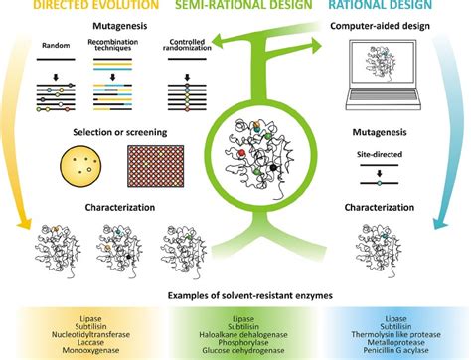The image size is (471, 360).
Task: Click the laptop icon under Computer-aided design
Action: pyautogui.click(x=384, y=75)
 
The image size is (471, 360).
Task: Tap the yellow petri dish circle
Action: pyautogui.click(x=80, y=166)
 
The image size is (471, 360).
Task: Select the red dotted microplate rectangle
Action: pyautogui.click(x=156, y=166)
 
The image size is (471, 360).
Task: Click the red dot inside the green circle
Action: pyautogui.click(x=241, y=153)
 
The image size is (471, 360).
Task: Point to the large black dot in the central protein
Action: pyautogui.click(x=273, y=168)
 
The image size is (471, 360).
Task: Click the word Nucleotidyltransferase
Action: pyautogui.click(x=90, y=334)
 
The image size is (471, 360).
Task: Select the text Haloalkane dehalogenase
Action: pyautogui.click(x=243, y=334)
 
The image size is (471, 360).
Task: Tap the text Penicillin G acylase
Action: pyautogui.click(x=395, y=350)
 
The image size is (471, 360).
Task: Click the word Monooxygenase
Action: pyautogui.click(x=90, y=350)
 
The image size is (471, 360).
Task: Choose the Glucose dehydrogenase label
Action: pyautogui.click(x=243, y=350)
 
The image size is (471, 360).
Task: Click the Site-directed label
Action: pyautogui.click(x=380, y=154)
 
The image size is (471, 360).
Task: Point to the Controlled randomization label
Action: pyautogui.click(x=187, y=45)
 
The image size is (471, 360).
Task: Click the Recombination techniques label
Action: pyautogui.click(x=113, y=45)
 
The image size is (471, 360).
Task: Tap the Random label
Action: pyautogui.click(x=56, y=45)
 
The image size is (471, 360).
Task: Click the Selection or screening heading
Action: pyautogui.click(x=120, y=132)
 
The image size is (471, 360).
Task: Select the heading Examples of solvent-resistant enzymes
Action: pyautogui.click(x=250, y=295)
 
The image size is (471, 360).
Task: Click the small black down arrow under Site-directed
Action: pyautogui.click(x=380, y=173)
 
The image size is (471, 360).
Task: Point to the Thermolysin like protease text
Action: pyautogui.click(x=395, y=334)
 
